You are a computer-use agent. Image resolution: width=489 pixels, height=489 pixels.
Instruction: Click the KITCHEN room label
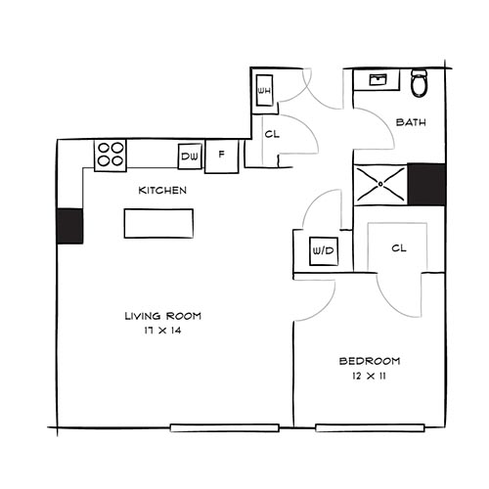tap(162, 190)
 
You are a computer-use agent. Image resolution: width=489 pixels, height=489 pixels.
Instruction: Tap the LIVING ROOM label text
tap(162, 315)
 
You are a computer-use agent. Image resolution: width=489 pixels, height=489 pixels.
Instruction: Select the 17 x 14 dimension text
tap(162, 331)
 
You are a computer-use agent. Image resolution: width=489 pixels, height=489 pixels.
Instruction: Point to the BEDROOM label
tap(371, 361)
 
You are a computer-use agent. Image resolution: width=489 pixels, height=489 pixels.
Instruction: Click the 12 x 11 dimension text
tap(371, 376)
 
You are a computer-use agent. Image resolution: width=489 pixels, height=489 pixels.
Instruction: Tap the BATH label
tap(409, 122)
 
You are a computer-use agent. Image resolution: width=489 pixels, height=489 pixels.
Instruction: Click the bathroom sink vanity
tap(378, 80)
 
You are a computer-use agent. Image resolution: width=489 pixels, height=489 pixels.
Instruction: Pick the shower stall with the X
tap(378, 183)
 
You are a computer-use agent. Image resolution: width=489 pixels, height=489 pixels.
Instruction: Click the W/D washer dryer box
tap(322, 251)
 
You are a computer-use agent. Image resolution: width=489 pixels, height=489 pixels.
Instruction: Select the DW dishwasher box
tap(189, 156)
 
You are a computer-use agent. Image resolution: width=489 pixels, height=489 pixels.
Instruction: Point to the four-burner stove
tap(111, 155)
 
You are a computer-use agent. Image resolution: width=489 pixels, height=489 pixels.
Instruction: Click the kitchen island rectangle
tap(157, 223)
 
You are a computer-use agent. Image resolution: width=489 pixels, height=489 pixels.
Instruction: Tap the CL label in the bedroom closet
tap(398, 248)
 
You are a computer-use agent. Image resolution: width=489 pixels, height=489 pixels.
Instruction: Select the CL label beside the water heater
tap(272, 134)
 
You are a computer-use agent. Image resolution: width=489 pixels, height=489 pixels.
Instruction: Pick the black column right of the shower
tap(427, 183)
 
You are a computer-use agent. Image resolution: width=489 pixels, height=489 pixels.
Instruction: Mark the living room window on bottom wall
tap(226, 426)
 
